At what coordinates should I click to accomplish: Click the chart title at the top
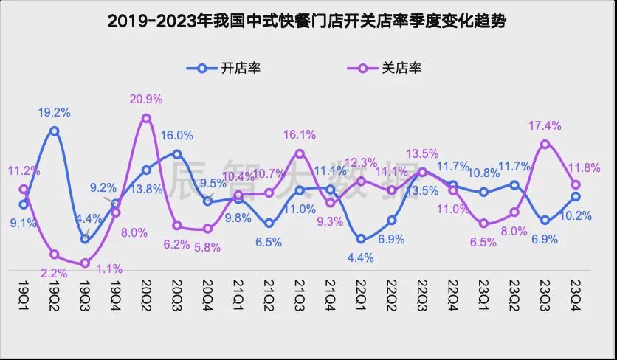(x=308, y=21)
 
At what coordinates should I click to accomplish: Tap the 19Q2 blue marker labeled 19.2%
(x=54, y=131)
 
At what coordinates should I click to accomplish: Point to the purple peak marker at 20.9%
(x=146, y=118)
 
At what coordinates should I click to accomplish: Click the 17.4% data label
(x=544, y=125)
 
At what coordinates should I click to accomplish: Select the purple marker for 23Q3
(x=545, y=145)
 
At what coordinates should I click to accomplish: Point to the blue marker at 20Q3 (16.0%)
(x=177, y=153)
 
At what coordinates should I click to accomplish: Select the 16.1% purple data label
(x=300, y=134)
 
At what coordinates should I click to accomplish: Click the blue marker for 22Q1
(x=361, y=238)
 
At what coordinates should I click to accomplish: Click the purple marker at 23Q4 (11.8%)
(x=576, y=184)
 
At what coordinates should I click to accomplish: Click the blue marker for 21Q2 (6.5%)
(x=269, y=223)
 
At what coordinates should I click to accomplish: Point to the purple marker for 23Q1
(x=483, y=224)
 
